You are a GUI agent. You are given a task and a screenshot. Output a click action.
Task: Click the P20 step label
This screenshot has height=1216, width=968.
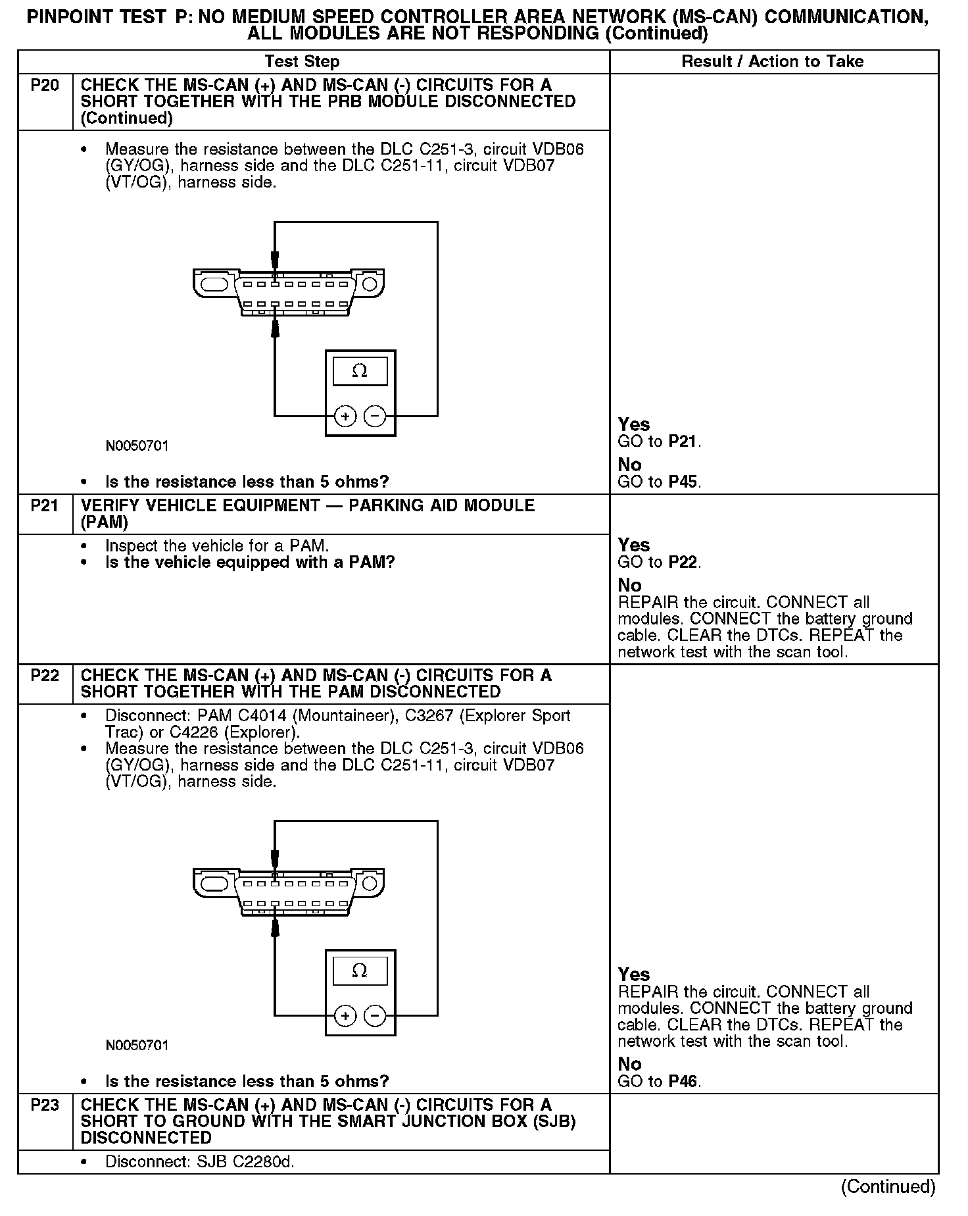44,86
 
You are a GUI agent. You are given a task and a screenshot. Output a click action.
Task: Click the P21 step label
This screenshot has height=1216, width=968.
44,506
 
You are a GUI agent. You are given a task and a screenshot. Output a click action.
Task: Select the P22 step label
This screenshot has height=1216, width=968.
44,676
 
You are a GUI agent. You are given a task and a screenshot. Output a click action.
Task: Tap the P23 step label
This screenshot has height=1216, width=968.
44,1105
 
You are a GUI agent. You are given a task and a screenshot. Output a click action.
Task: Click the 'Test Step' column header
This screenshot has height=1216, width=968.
302,62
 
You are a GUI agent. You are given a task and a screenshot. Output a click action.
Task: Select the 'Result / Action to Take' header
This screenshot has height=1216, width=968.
772,62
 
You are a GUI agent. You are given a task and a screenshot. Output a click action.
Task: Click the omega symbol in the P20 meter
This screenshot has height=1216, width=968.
360,372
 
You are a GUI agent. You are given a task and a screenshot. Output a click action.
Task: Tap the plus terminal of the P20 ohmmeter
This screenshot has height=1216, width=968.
345,416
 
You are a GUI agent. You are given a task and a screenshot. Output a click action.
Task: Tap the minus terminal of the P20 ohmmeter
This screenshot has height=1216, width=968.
375,416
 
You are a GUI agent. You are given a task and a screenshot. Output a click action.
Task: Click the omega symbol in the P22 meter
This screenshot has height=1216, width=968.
360,971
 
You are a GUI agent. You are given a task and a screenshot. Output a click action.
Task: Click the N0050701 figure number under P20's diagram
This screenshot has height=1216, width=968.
137,446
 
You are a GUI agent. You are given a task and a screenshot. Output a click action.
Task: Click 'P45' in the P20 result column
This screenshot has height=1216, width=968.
684,482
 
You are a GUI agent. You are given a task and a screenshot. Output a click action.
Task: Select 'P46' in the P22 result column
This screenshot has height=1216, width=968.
684,1081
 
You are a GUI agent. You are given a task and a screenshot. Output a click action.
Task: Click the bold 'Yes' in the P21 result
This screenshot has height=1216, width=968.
634,545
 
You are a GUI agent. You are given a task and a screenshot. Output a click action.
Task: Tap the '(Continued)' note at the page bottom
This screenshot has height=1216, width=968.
888,1186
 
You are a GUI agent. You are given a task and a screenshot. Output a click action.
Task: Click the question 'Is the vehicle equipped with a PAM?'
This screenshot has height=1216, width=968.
250,563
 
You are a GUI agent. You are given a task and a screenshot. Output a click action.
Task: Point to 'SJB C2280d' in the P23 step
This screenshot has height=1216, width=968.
245,1162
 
